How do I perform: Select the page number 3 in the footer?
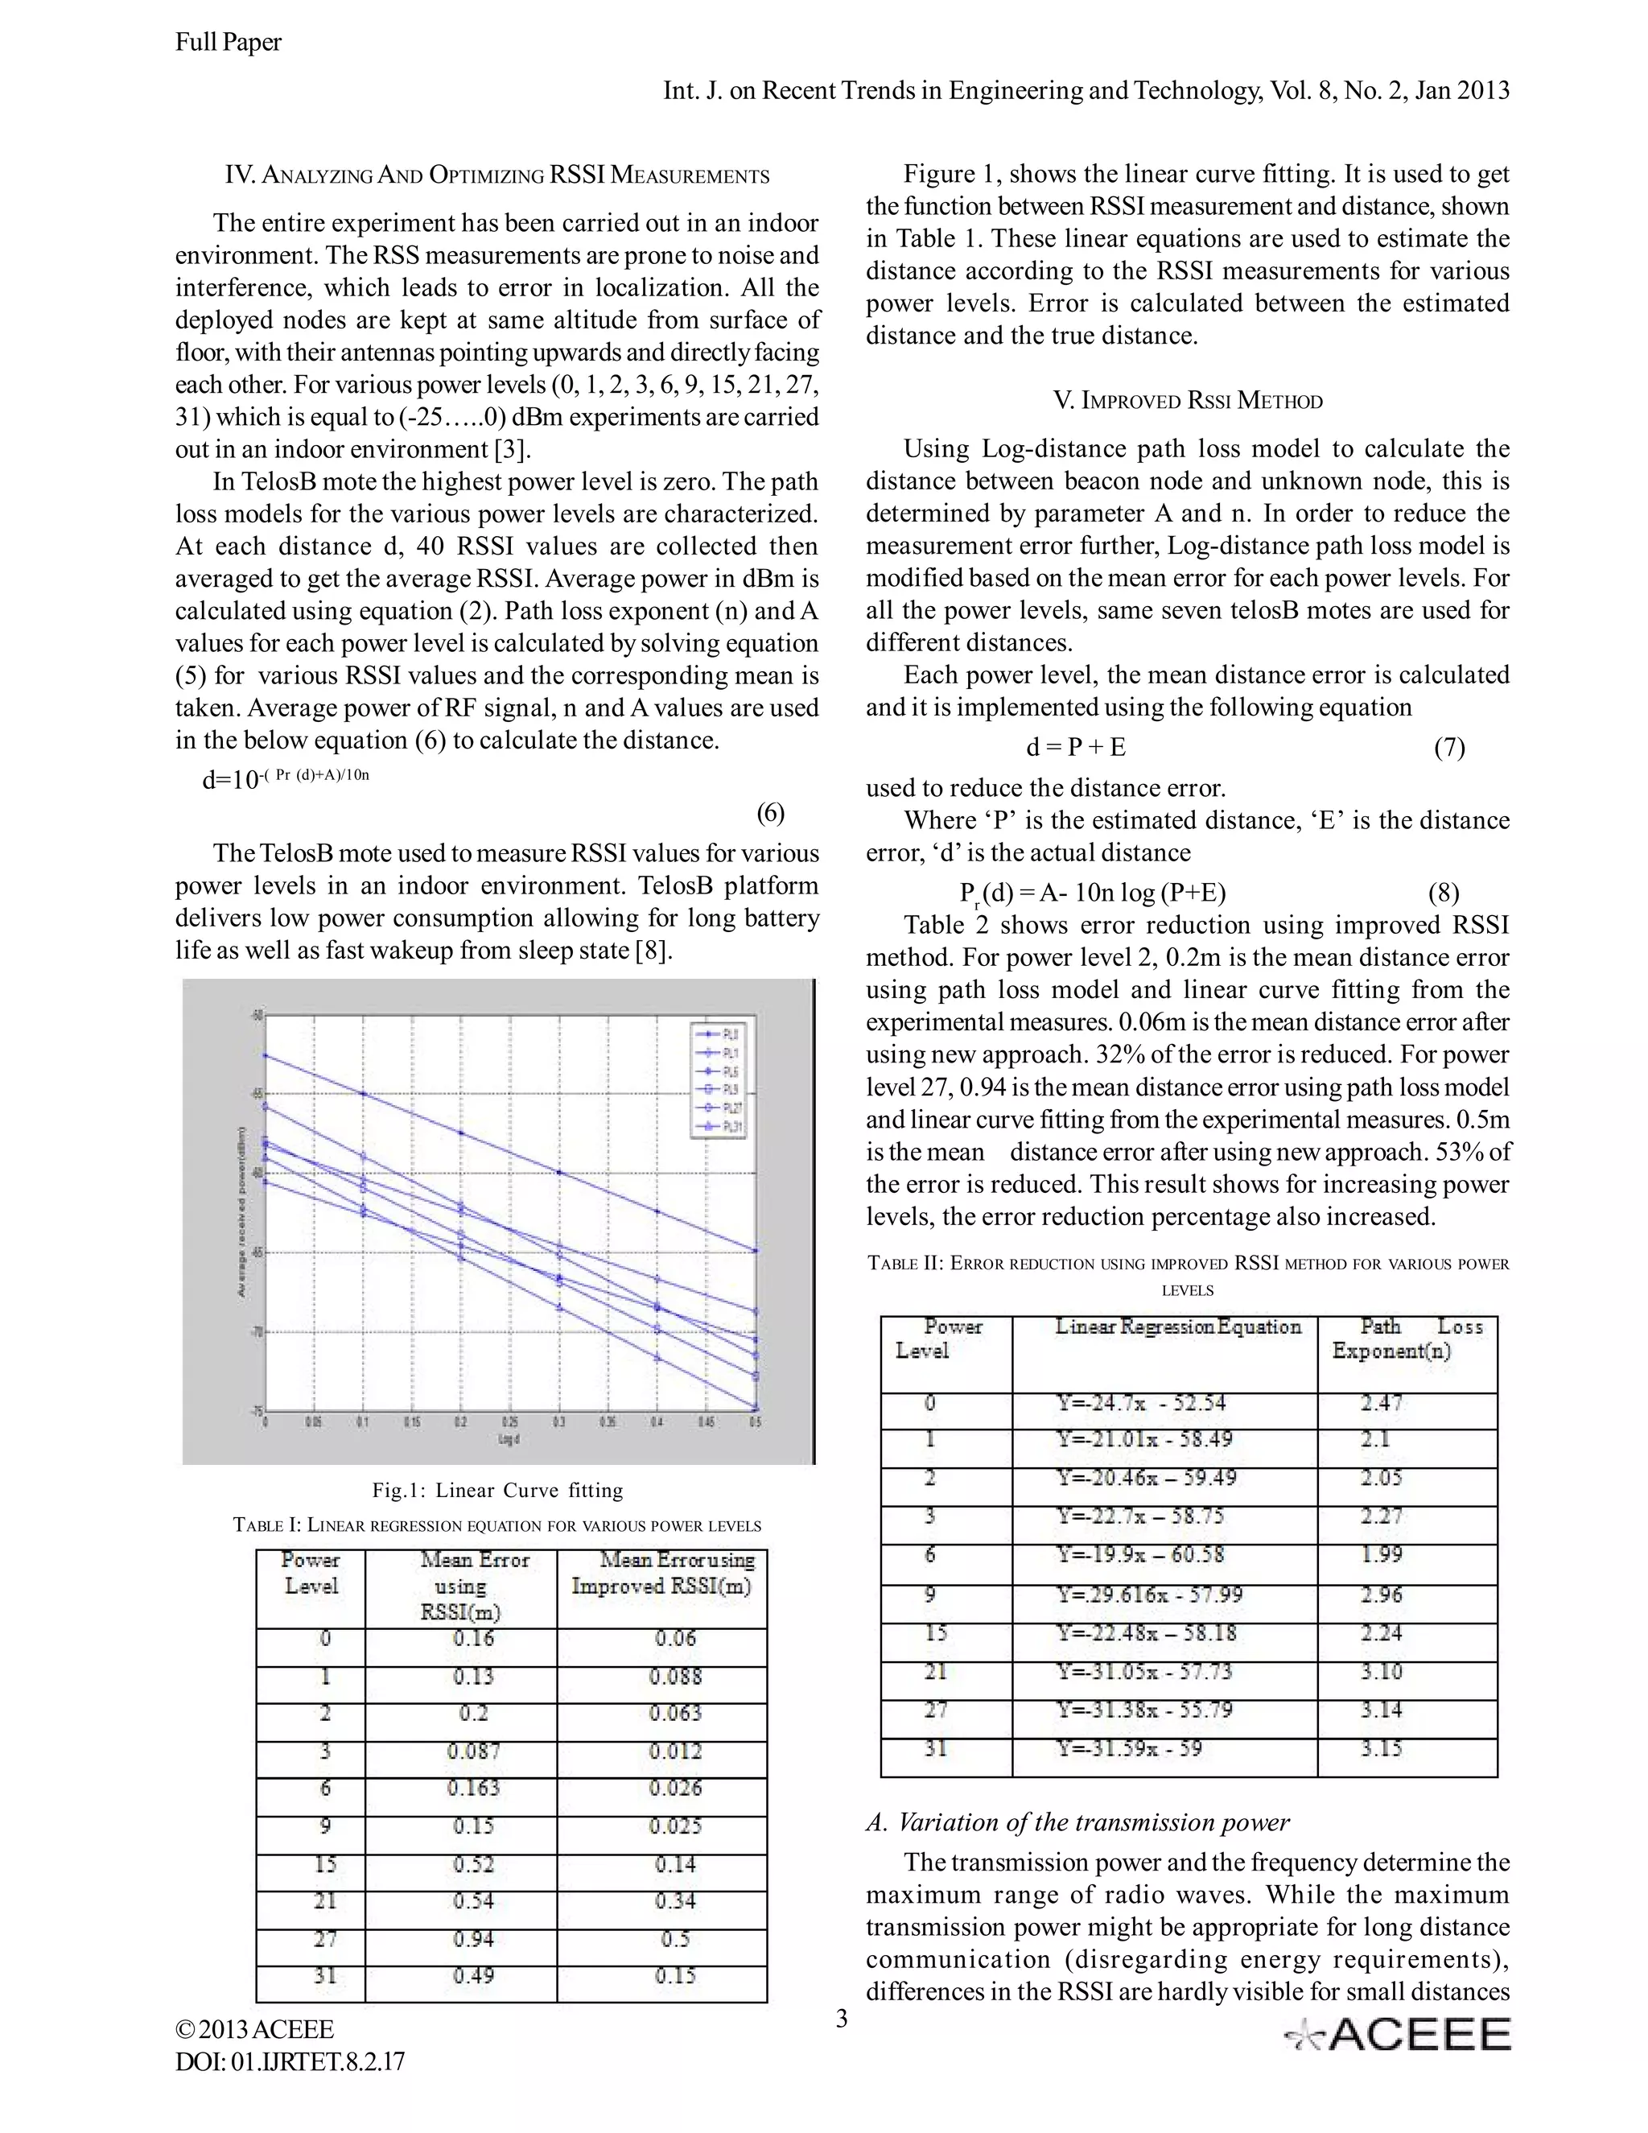click(x=842, y=2018)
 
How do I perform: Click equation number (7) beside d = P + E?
click(x=1448, y=747)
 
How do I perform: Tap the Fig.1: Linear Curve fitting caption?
click(x=497, y=1491)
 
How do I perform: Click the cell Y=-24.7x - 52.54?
click(x=1141, y=1404)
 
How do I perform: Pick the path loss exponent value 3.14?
click(x=1382, y=1710)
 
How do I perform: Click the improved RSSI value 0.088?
click(x=676, y=1676)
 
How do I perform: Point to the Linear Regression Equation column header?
click(x=1177, y=1327)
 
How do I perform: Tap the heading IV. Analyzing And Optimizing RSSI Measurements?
click(x=497, y=175)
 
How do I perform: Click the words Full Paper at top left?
click(x=229, y=42)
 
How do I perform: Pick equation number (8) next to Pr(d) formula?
click(x=1443, y=893)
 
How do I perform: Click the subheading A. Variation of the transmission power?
click(x=1077, y=1822)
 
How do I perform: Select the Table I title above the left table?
click(x=497, y=1525)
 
